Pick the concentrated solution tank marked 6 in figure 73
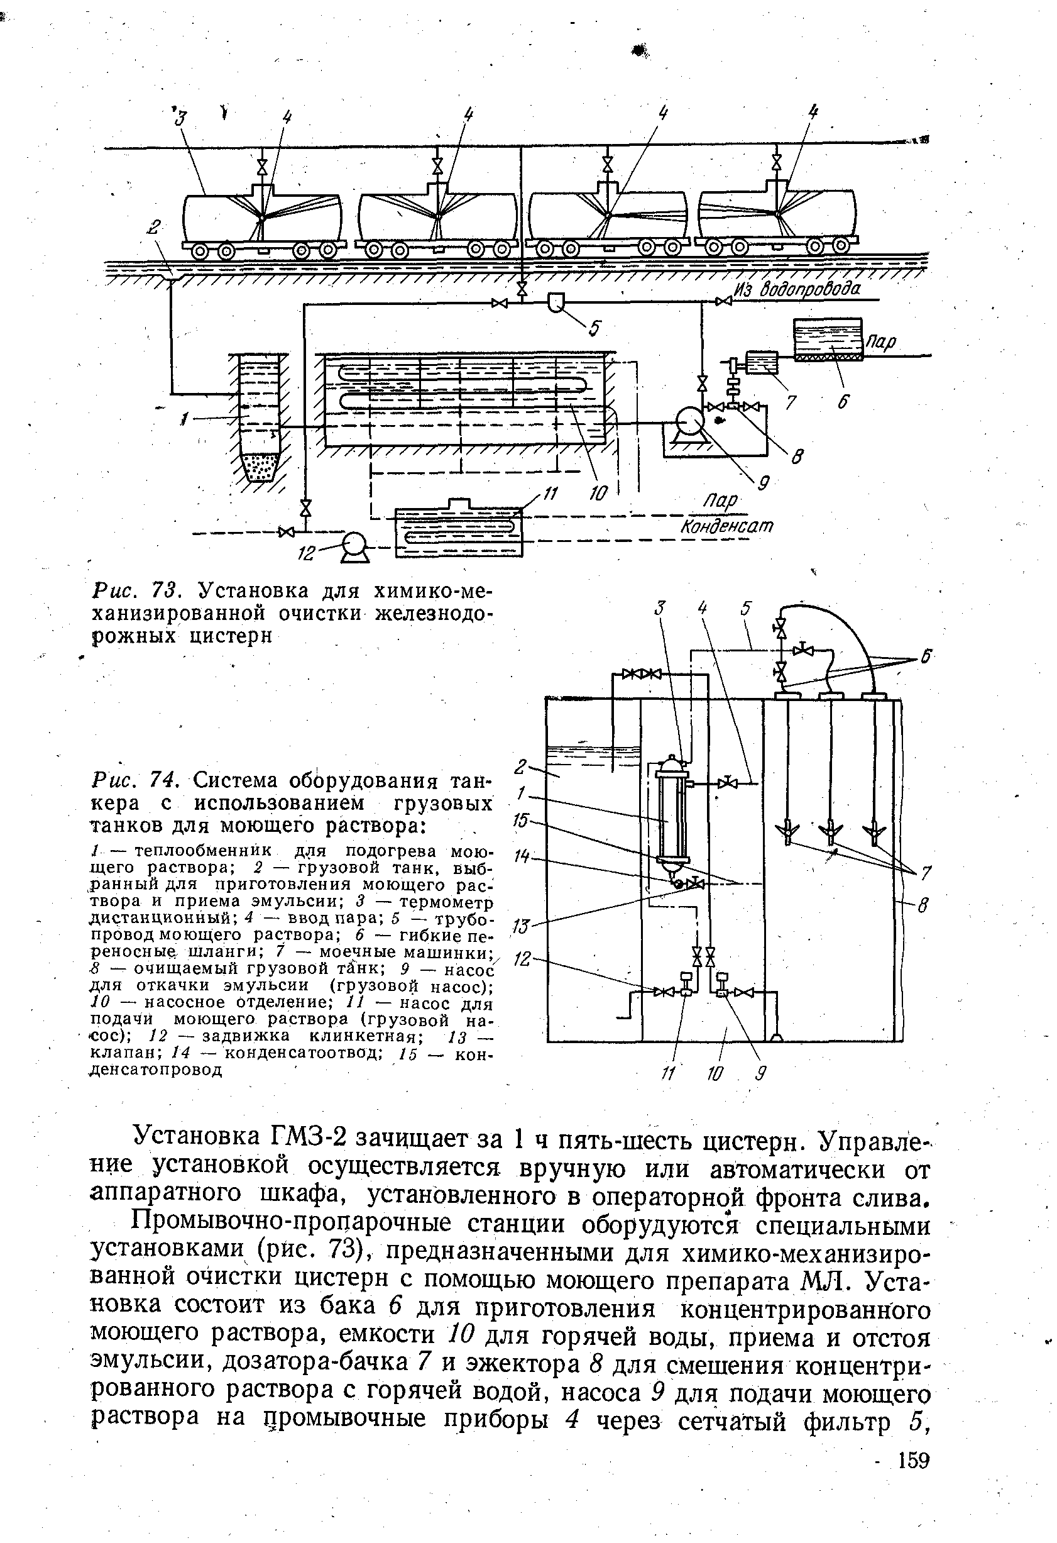(x=828, y=340)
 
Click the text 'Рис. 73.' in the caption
(x=135, y=590)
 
